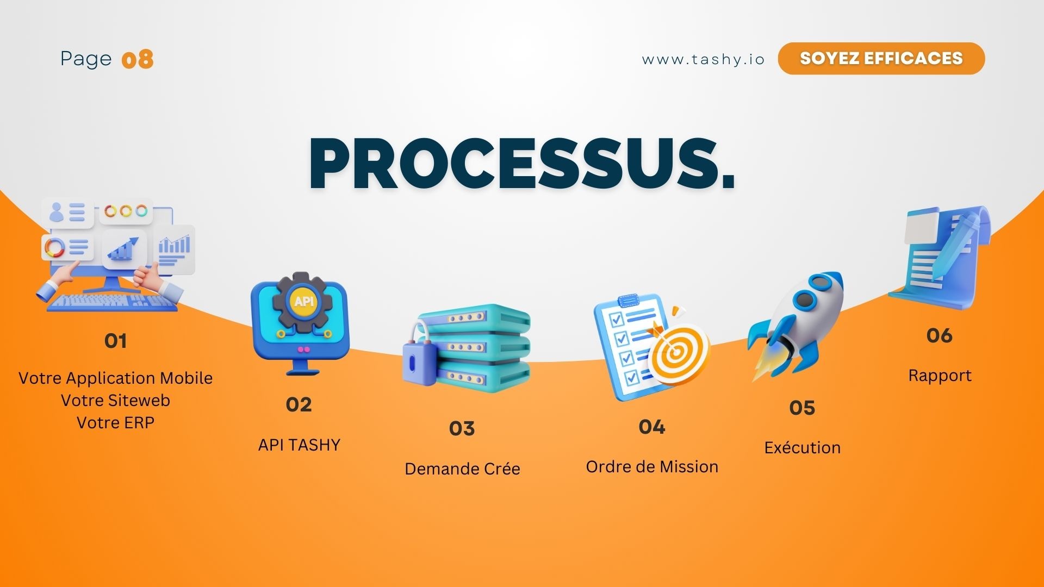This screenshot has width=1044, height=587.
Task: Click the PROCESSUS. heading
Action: [x=522, y=164]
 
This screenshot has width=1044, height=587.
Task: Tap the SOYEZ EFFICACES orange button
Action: [x=881, y=58]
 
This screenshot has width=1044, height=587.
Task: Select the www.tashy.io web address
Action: [x=703, y=59]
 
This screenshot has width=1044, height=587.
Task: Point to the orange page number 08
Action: [x=138, y=59]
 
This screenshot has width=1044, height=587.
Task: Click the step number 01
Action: [x=116, y=341]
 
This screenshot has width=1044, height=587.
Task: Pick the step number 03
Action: [x=462, y=428]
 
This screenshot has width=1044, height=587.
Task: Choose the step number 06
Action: [x=940, y=335]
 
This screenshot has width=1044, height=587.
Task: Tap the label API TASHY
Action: [x=299, y=445]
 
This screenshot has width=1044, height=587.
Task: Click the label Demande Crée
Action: [x=463, y=469]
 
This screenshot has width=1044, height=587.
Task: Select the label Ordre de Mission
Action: [x=652, y=466]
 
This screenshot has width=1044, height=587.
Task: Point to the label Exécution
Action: [x=803, y=447]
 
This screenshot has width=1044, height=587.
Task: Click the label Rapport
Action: [x=940, y=376]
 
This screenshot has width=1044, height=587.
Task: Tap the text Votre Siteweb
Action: [x=116, y=401]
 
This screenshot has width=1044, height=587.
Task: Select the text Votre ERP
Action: [x=116, y=423]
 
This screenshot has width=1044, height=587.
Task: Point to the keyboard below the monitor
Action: [x=112, y=302]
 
